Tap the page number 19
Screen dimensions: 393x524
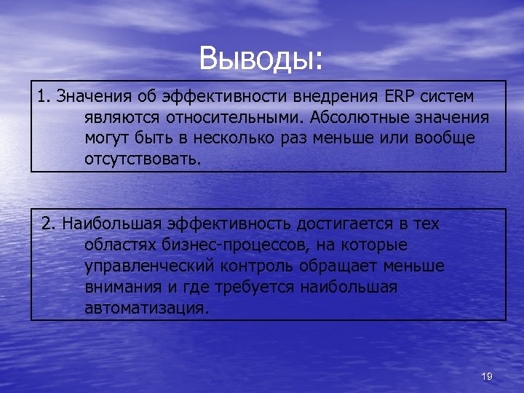point(487,376)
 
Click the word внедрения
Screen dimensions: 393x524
point(334,96)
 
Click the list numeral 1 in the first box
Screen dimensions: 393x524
point(43,96)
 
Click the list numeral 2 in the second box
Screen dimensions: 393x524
point(47,224)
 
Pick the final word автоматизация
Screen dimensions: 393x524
point(146,309)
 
